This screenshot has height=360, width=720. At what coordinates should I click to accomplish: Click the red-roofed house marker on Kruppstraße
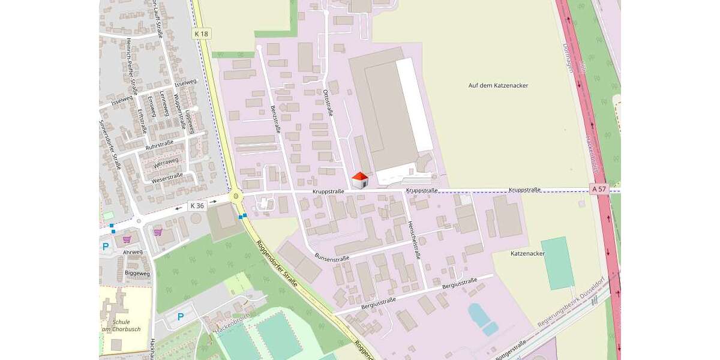coord(359,180)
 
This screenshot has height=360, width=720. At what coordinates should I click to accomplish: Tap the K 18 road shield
coord(202,34)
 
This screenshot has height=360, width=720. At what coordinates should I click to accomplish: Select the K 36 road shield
coord(196,205)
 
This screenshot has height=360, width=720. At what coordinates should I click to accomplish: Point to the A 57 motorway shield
coord(599,189)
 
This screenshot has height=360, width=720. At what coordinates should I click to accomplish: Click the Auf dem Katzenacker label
coord(498,85)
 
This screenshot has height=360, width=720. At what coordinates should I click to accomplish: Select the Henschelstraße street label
coord(413,239)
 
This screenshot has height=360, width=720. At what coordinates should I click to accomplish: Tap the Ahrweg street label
coord(133,252)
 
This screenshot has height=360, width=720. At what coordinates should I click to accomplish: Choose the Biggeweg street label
coord(137,274)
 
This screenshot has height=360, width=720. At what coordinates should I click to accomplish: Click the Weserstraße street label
coord(167,178)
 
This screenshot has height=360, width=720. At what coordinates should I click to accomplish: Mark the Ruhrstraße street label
coord(159,145)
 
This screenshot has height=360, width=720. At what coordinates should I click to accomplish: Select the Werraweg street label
coord(166,162)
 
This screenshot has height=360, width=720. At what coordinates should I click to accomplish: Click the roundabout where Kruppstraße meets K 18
coord(236,196)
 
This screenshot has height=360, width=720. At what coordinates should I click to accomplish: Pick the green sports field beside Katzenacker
coord(557,263)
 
